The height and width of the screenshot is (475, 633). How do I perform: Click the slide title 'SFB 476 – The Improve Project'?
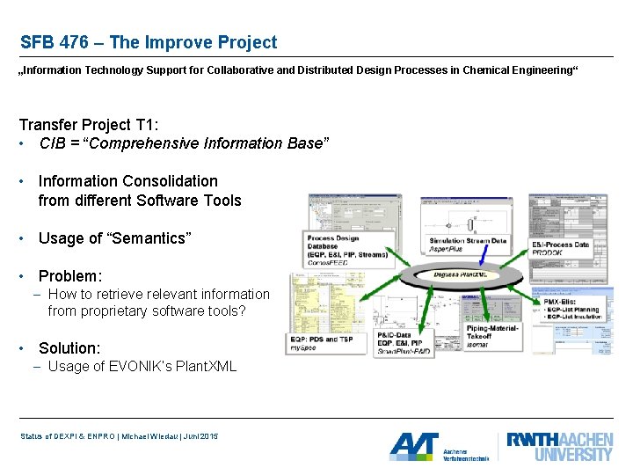pos(148,42)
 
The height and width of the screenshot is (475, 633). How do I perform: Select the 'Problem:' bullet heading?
pos(70,275)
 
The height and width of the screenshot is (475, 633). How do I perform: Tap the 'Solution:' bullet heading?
pos(69,347)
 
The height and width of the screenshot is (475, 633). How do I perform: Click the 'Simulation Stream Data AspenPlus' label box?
pos(468,245)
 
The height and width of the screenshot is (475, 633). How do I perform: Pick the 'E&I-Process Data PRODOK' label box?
pos(562,248)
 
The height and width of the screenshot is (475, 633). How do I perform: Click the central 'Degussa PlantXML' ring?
pos(467,276)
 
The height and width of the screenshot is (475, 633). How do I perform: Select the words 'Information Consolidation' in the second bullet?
pos(128,181)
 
